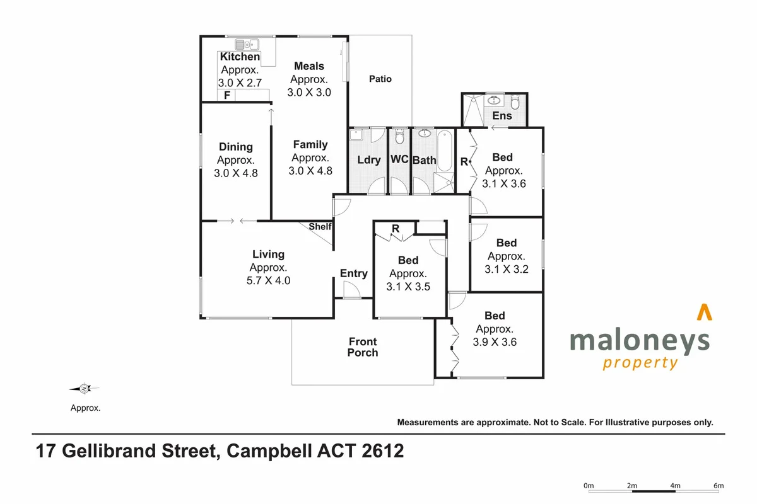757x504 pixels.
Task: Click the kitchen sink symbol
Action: (x=247, y=44)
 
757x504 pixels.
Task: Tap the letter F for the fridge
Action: (x=225, y=96)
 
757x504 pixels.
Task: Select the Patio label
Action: (x=380, y=79)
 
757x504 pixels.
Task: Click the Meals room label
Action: (x=309, y=66)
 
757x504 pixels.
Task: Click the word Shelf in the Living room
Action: (x=320, y=227)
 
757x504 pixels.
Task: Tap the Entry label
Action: (x=353, y=273)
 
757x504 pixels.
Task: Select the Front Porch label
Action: (x=363, y=347)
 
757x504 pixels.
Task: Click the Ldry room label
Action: (x=368, y=159)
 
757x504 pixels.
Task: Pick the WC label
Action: (x=399, y=159)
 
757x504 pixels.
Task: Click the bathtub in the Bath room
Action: (x=445, y=150)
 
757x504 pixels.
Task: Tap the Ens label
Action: (x=502, y=116)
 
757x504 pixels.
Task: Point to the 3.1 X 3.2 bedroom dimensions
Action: (x=507, y=269)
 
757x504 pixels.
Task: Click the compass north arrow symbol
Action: (x=85, y=389)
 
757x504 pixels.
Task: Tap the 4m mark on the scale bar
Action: (x=675, y=485)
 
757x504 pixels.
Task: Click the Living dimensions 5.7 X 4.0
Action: (x=269, y=281)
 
